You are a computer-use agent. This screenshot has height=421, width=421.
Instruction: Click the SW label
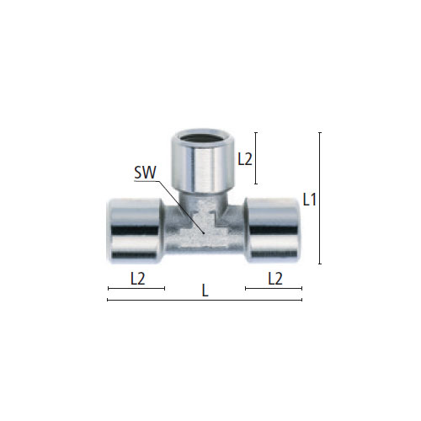tap(145, 173)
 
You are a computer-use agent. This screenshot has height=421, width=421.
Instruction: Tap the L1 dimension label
tap(309, 200)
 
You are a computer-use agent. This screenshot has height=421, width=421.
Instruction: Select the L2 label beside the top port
tap(245, 157)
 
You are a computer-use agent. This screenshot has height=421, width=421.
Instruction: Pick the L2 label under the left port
tap(138, 278)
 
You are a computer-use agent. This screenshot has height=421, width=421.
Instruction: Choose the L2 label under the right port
tap(274, 278)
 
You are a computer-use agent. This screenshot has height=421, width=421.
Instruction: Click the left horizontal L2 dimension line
tap(136, 289)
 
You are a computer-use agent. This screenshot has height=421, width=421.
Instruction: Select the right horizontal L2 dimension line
tap(273, 289)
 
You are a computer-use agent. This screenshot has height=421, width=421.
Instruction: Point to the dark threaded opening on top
tap(201, 136)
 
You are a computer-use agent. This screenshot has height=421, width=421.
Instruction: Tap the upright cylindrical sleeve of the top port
tap(201, 164)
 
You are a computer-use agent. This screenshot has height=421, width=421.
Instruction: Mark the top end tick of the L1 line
tap(320, 132)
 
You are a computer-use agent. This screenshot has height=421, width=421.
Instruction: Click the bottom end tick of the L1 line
tap(320, 264)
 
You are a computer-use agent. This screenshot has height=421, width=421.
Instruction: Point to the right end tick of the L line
tap(301, 300)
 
